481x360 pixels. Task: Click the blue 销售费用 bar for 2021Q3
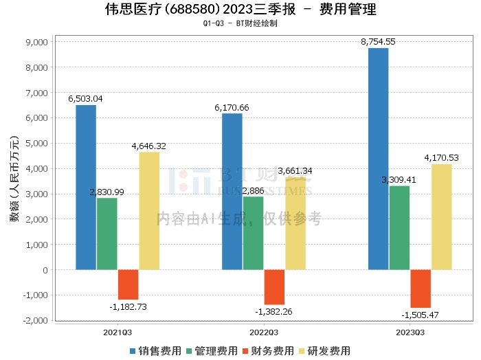coord(86,187)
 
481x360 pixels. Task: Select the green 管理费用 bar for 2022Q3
coord(253,233)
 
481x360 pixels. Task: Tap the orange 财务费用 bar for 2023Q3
coord(421,289)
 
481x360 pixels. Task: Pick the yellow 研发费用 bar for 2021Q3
coord(149,210)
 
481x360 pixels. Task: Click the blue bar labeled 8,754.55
coord(378,159)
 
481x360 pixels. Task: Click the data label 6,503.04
coord(85,99)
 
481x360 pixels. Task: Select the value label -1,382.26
coord(273,312)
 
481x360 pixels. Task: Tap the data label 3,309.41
coord(399,180)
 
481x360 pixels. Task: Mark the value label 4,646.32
coord(148,146)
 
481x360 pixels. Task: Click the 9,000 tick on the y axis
coord(35,42)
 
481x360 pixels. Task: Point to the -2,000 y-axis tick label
coord(33,321)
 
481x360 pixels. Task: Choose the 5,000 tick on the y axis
coord(35,144)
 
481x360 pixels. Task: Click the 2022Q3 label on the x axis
coord(263,332)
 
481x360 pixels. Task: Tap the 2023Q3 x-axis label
coord(410,332)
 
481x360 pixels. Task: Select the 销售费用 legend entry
coord(155,350)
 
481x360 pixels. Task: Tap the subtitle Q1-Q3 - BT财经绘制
coord(240,23)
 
